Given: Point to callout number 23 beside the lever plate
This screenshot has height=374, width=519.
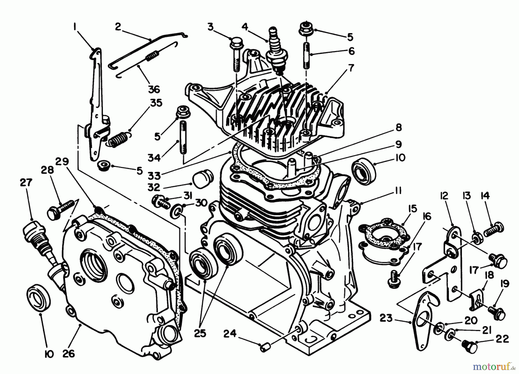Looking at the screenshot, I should [x=386, y=319].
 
